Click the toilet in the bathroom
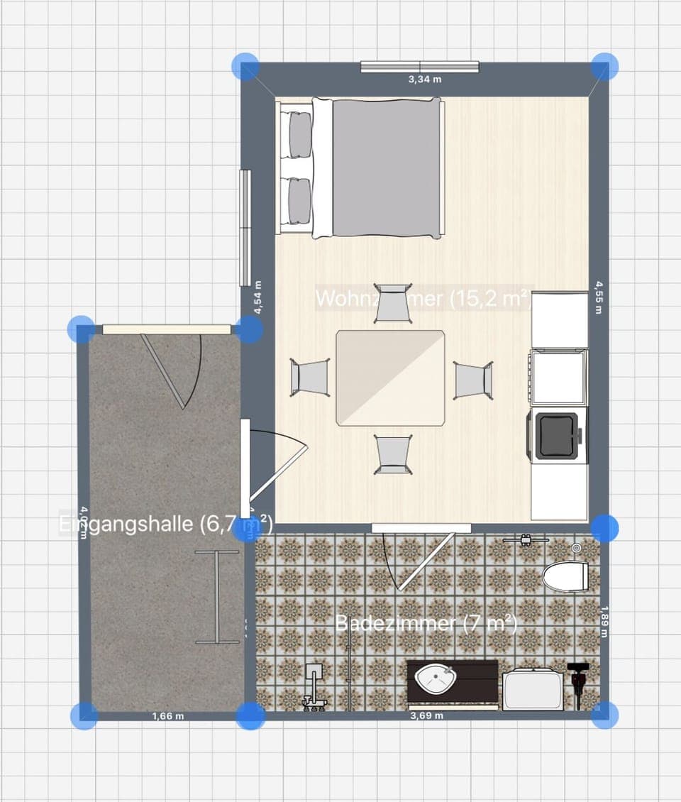tap(566, 576)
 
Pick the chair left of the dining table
tap(310, 377)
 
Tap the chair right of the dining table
tap(473, 380)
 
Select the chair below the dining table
tap(393, 454)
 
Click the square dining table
tap(390, 378)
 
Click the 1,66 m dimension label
tap(168, 716)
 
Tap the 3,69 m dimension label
tap(427, 716)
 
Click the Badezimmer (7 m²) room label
tap(426, 624)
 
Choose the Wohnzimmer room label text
tap(423, 299)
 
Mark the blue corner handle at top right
tap(604, 66)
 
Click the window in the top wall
tap(420, 67)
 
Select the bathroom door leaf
tap(425, 561)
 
